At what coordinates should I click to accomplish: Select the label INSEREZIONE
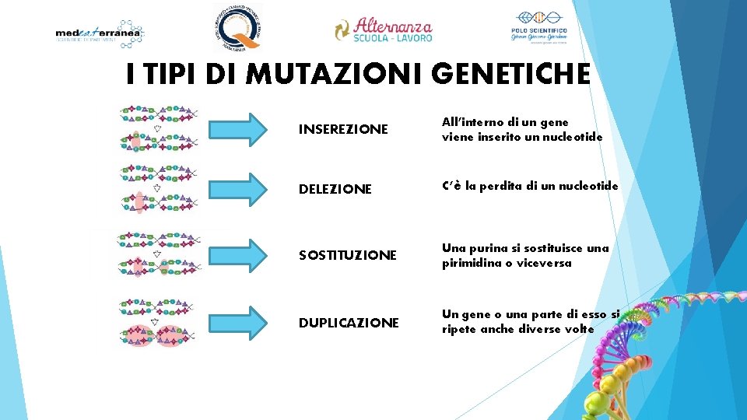coord(343,129)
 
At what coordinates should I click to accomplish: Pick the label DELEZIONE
coord(335,189)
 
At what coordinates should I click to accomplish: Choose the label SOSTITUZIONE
coord(348,255)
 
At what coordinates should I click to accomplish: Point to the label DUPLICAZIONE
coord(349,322)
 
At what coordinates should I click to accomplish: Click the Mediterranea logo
coord(100,33)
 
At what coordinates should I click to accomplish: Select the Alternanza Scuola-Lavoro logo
coord(383,30)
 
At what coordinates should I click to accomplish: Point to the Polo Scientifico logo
coord(538,27)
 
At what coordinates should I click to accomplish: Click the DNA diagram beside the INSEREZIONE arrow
coord(158,128)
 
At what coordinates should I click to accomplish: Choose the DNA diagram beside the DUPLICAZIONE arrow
coord(158,321)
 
